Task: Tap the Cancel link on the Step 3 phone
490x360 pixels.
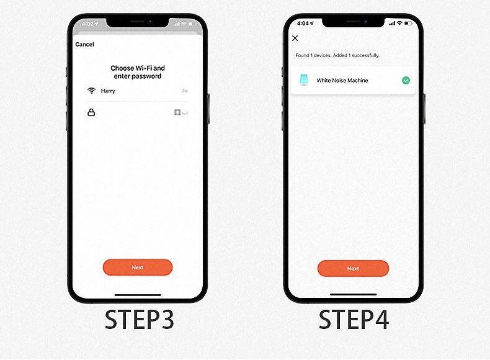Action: click(x=85, y=45)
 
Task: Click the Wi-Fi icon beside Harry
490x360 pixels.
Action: click(x=91, y=91)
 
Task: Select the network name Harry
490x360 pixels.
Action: click(x=108, y=91)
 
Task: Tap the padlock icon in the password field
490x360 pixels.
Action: click(x=91, y=112)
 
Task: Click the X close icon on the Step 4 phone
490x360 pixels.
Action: click(x=295, y=38)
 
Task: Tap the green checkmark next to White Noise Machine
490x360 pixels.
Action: click(x=406, y=81)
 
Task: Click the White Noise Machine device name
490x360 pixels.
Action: click(x=342, y=81)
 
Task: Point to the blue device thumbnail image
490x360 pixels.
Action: click(x=303, y=79)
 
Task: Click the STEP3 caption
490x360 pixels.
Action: click(x=139, y=319)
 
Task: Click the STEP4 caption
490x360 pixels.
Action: click(x=354, y=319)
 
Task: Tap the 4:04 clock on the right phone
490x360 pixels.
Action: click(x=303, y=23)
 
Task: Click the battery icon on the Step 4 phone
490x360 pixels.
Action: click(x=408, y=23)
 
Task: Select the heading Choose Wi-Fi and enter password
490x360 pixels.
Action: click(x=138, y=72)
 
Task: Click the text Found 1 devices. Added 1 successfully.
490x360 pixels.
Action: click(x=337, y=55)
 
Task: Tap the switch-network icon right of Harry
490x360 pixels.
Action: click(x=185, y=91)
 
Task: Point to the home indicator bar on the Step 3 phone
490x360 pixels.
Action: click(x=138, y=295)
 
